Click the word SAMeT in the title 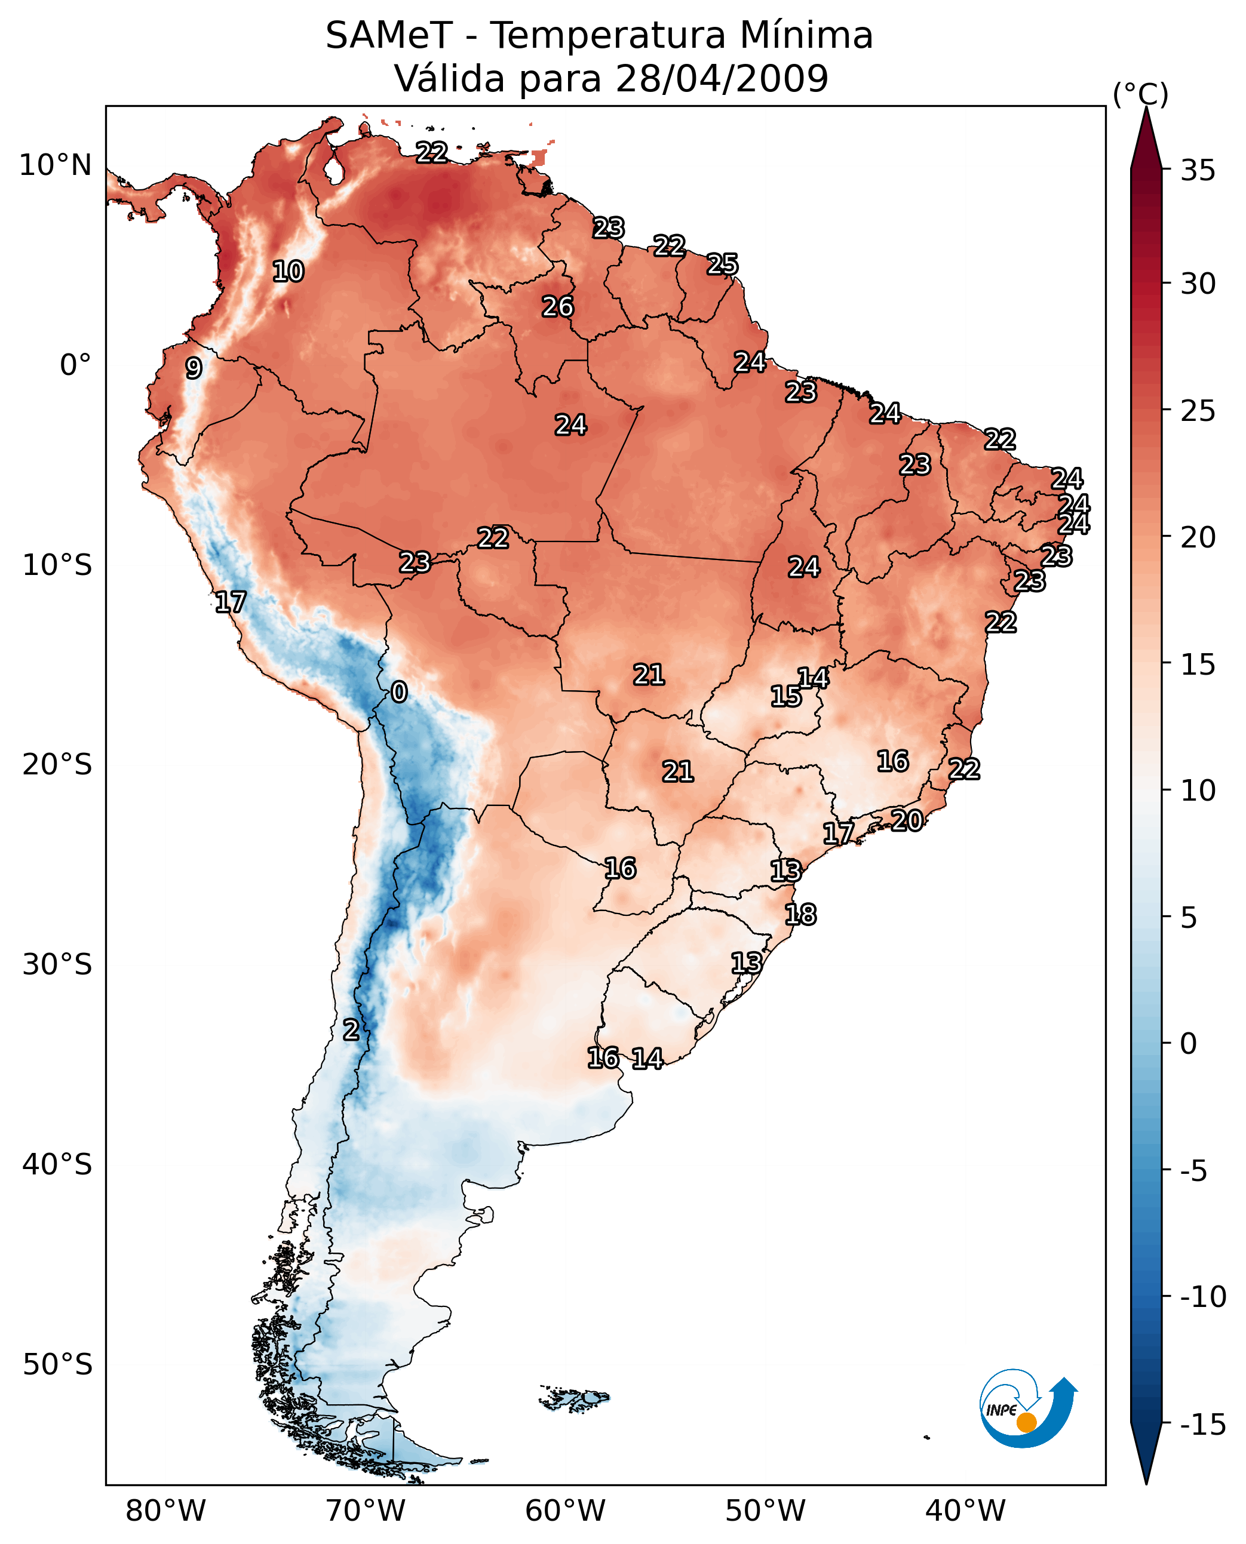389,36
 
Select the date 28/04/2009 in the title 722,78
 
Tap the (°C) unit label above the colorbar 1140,94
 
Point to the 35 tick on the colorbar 1198,171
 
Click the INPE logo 1027,1408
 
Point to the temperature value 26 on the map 558,307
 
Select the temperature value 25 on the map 722,264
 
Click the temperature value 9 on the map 194,368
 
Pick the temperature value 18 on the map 800,915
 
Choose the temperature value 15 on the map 786,696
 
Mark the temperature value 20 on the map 907,821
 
